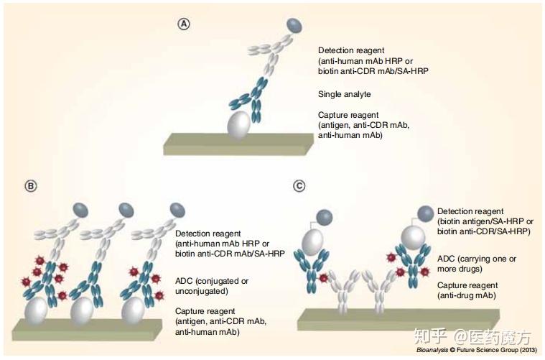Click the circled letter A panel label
(185, 24)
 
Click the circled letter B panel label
(30, 186)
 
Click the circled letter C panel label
(299, 186)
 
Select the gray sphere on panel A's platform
(241, 124)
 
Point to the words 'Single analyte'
(344, 94)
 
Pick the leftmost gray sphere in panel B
(36, 311)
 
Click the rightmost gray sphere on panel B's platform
(134, 311)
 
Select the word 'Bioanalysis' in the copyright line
(432, 351)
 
